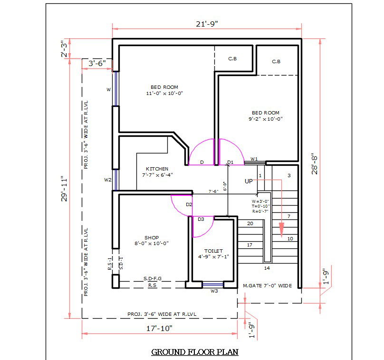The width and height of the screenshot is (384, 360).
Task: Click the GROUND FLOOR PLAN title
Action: click(x=194, y=352)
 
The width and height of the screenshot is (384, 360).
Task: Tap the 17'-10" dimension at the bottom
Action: click(x=159, y=328)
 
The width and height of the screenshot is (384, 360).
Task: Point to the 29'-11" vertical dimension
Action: click(x=65, y=189)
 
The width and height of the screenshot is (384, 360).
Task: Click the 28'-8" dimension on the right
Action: click(x=315, y=164)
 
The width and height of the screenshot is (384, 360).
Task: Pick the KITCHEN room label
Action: click(x=157, y=169)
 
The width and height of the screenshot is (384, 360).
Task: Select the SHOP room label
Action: click(x=152, y=237)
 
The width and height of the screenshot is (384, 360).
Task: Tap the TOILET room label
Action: click(x=213, y=251)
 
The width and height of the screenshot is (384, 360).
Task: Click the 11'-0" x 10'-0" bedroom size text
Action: click(x=164, y=94)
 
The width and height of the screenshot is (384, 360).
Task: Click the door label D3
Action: click(x=201, y=219)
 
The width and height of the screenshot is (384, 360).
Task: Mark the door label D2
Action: click(x=189, y=205)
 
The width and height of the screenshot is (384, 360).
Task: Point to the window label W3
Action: click(x=214, y=291)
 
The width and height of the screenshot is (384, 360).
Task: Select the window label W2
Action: click(x=108, y=180)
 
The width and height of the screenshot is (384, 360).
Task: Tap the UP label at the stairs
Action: click(x=249, y=181)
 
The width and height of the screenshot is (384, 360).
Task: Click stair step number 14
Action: click(x=267, y=268)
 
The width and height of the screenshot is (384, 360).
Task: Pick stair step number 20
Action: click(x=250, y=223)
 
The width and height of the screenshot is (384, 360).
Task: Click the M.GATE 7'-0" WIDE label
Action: click(x=267, y=285)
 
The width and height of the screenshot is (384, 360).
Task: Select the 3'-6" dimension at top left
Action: click(x=97, y=63)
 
